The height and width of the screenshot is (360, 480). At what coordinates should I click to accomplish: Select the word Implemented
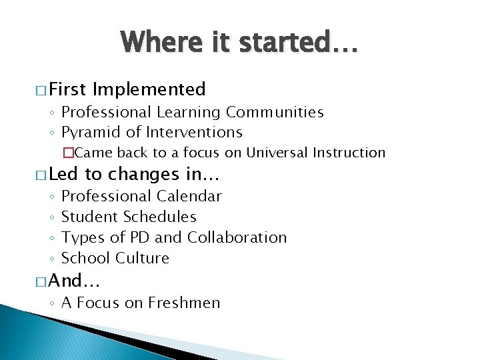click(149, 89)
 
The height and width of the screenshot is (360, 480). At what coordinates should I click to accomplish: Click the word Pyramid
click(88, 132)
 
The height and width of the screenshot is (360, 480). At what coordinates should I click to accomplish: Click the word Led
click(63, 174)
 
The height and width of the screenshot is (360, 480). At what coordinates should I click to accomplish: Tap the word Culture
click(142, 258)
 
